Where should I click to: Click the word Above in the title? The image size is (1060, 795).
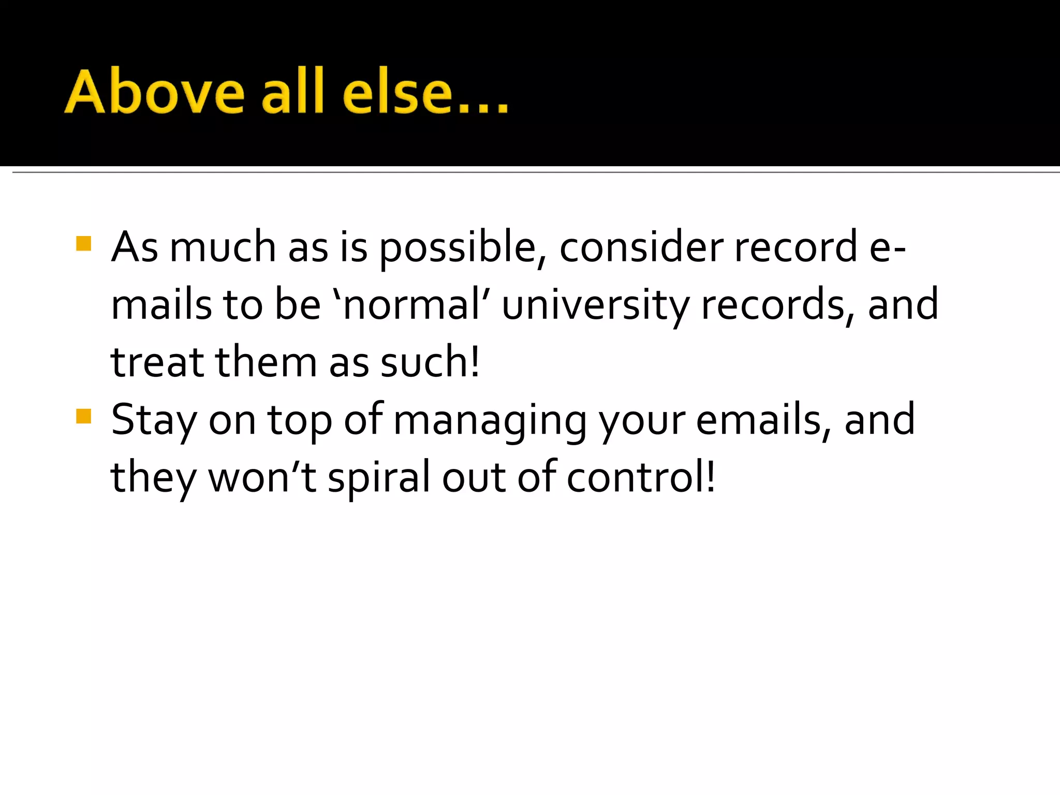tap(154, 92)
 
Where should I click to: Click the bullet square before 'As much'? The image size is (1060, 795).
tap(83, 244)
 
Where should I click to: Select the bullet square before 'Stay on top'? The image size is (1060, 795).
tap(83, 416)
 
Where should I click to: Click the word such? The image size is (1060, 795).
tap(430, 362)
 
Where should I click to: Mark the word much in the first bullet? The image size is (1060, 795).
tap(223, 247)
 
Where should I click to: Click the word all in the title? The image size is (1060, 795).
tap(292, 92)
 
